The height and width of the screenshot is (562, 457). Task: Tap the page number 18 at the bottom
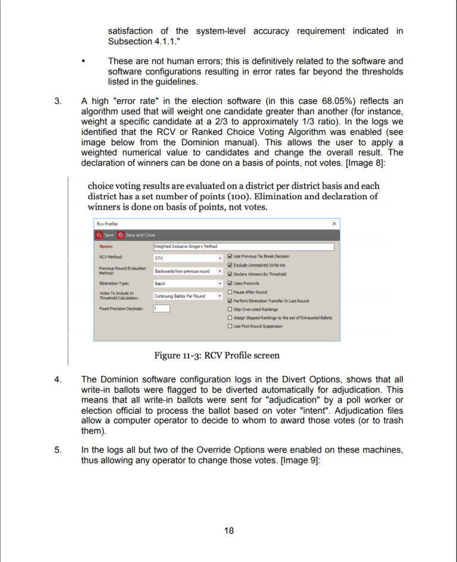[x=228, y=530]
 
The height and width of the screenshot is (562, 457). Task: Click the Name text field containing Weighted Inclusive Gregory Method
[x=243, y=246]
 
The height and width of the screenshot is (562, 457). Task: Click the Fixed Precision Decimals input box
[x=161, y=308]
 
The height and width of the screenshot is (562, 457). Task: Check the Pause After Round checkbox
[x=230, y=292]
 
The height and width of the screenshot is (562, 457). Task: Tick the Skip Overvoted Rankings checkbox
[x=230, y=309]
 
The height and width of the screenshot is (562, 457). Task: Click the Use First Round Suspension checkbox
[x=230, y=326]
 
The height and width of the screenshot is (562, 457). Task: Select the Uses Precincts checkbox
[x=230, y=283]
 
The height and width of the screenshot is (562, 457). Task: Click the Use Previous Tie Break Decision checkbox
[x=230, y=256]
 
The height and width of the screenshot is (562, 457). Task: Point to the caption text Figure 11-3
[x=177, y=356]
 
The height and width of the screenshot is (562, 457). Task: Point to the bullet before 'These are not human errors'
[x=83, y=61]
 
